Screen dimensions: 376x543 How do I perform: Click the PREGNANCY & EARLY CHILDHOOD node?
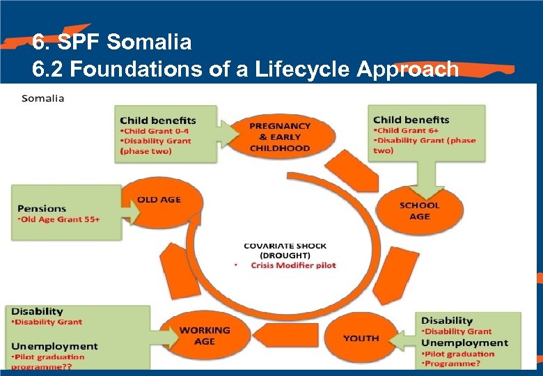(280, 136)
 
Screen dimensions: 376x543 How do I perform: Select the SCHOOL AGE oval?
(419, 210)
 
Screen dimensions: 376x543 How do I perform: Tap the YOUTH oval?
(361, 338)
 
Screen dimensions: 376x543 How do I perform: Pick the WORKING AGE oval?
(205, 336)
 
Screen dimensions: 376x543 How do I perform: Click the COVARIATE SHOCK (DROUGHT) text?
(285, 251)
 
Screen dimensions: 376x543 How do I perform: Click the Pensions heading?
(42, 208)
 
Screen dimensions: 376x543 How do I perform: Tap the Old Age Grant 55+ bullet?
(58, 219)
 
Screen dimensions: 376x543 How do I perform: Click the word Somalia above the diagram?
(42, 98)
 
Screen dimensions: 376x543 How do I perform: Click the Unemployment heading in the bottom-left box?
(54, 346)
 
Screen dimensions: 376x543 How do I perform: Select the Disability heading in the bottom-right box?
(446, 320)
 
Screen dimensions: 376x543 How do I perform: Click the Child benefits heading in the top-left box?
(158, 120)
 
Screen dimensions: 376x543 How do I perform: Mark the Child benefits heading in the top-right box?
(411, 119)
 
